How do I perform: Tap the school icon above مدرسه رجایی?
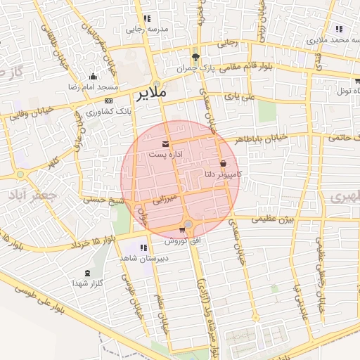(146, 19)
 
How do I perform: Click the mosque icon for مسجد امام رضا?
(93, 76)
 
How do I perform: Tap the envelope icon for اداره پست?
(166, 143)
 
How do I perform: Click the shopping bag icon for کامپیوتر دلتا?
(223, 163)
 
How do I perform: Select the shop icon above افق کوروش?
(183, 230)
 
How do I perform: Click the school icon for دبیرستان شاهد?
(143, 247)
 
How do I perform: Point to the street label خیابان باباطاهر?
(264, 139)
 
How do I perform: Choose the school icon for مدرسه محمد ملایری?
(339, 30)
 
